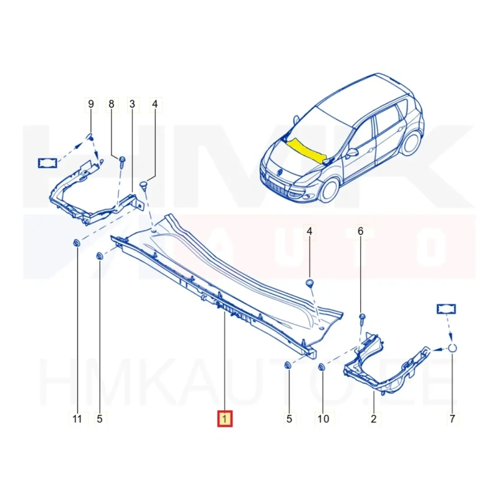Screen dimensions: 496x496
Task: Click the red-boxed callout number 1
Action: click(x=224, y=418)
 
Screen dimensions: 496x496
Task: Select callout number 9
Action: click(x=91, y=104)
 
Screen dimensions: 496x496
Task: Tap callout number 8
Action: click(x=112, y=104)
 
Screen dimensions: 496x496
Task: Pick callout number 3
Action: click(x=132, y=104)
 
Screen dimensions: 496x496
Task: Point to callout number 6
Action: click(x=360, y=231)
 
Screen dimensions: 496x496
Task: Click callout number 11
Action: click(x=77, y=419)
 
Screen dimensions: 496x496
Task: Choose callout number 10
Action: click(x=323, y=419)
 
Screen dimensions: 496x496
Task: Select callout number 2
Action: click(x=374, y=419)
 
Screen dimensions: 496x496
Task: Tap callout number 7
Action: click(x=453, y=419)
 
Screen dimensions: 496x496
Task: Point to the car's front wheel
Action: click(x=329, y=190)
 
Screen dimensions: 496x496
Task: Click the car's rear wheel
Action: click(x=412, y=143)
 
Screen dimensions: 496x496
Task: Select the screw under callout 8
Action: click(x=122, y=162)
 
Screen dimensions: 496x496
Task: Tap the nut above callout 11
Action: click(x=76, y=243)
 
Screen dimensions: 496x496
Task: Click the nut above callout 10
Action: click(x=321, y=366)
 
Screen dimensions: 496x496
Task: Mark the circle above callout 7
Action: click(x=453, y=348)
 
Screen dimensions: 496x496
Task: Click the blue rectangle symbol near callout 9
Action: click(x=48, y=163)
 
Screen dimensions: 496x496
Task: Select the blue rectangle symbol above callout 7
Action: click(x=446, y=309)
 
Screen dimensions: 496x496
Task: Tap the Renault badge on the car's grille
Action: click(x=280, y=172)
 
